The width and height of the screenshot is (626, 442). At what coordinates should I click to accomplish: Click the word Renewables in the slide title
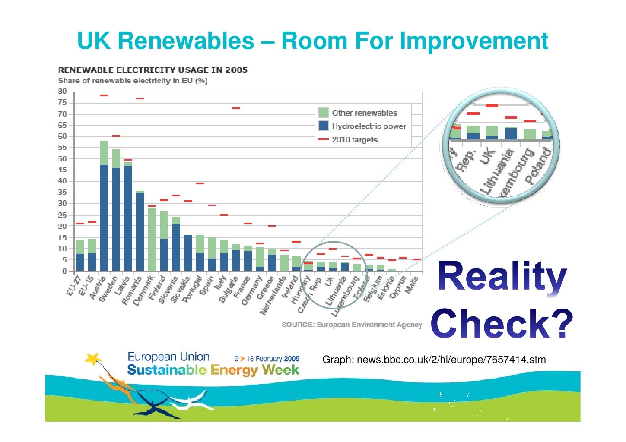pos(186,41)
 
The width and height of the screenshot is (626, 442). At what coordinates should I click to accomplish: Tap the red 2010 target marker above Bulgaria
pos(236,108)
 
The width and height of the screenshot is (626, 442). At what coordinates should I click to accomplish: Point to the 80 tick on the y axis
pos(63,92)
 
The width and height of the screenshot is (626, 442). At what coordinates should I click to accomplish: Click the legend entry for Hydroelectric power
pos(369,126)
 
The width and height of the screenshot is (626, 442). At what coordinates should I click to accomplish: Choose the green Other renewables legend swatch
pos(323,113)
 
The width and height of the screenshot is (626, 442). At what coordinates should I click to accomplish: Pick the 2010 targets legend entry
pos(354,140)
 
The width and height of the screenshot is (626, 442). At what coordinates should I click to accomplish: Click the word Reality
pos(502,276)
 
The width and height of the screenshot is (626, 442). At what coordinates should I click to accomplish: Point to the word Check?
pos(502,323)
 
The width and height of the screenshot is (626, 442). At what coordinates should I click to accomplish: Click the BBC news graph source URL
pos(434,360)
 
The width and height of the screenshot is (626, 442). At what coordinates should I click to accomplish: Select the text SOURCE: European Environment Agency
pos(352,325)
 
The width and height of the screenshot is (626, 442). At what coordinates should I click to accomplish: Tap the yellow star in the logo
pos(93,358)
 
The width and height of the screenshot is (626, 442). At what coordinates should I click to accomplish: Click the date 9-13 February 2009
pos(267,358)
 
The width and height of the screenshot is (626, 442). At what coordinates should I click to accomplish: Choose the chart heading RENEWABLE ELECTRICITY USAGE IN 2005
pos(153,70)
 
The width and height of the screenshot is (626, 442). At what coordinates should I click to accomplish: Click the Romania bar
pos(140,232)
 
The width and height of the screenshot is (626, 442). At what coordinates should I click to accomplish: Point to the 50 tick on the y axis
pos(63,159)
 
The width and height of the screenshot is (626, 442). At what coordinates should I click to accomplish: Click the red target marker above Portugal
pos(200,183)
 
